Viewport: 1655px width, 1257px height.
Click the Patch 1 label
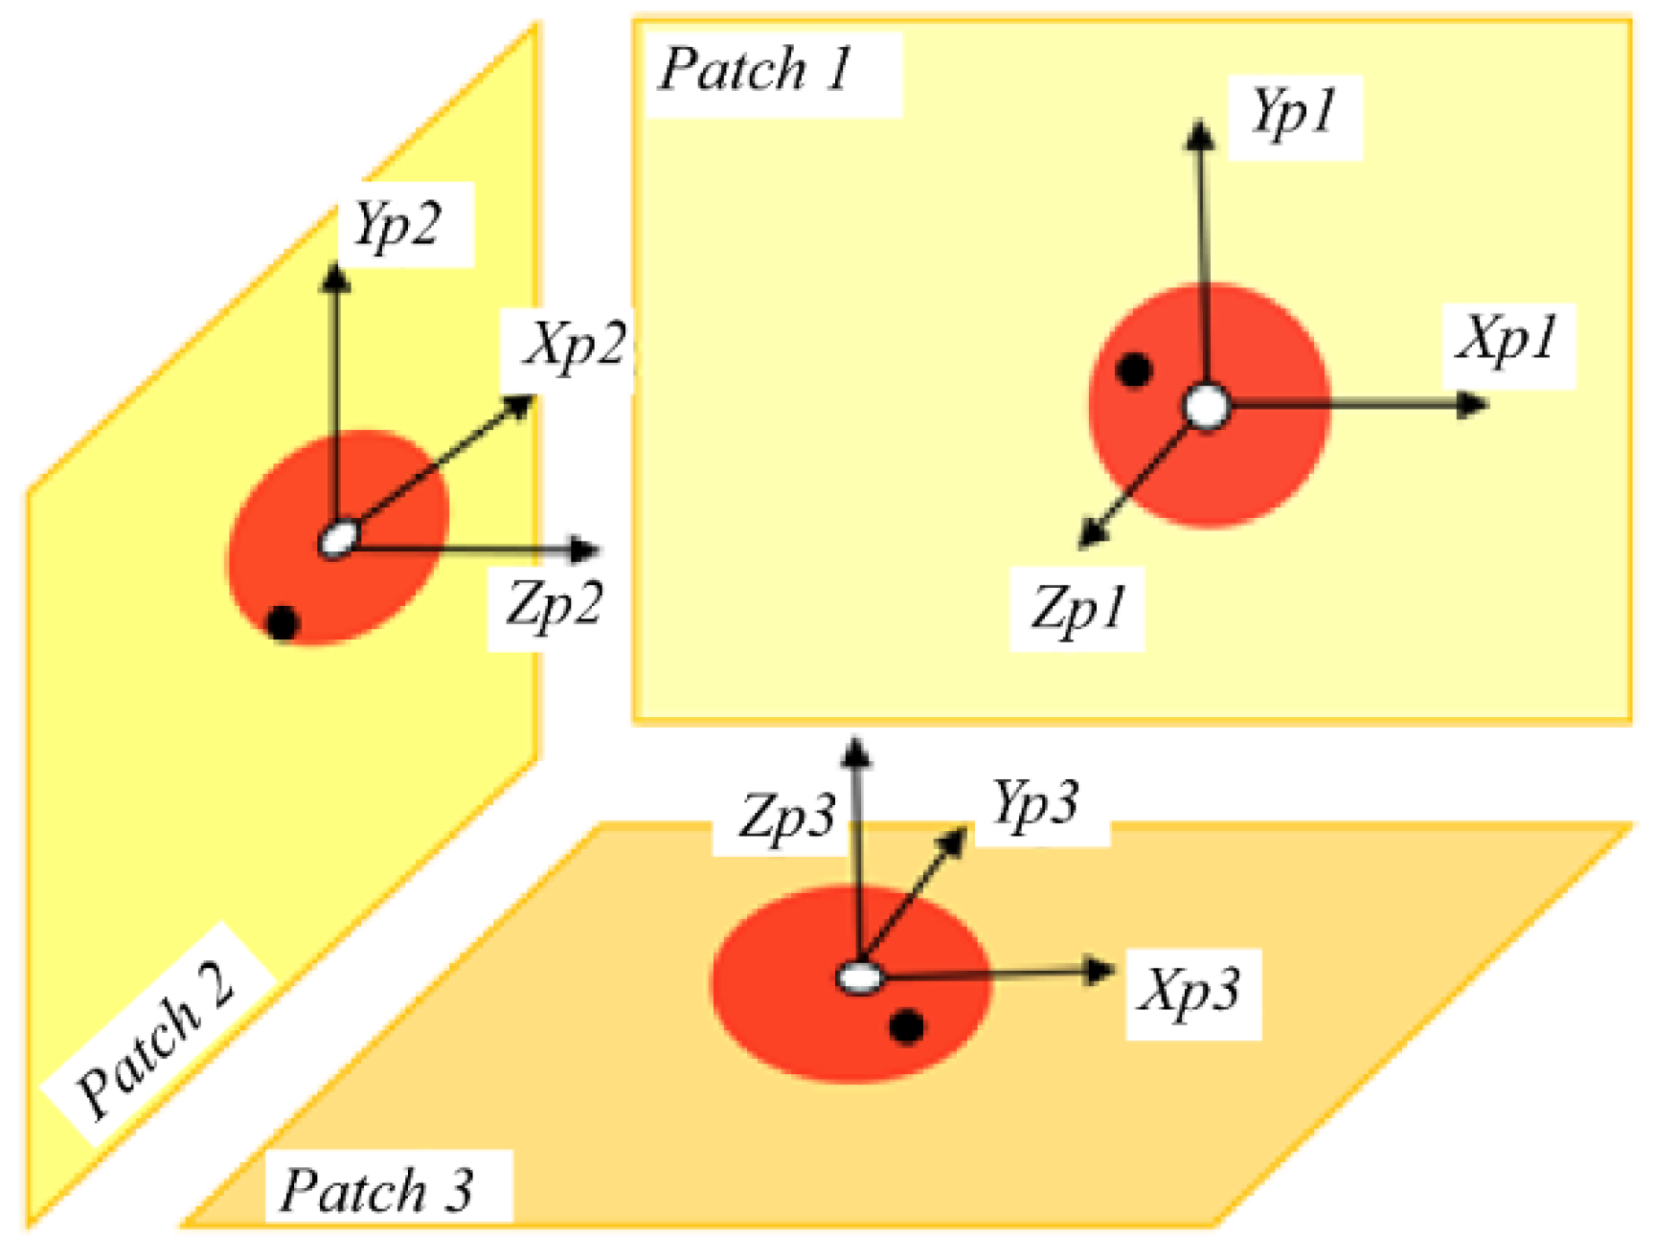pyautogui.click(x=756, y=70)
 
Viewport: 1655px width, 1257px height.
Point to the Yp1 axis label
pyautogui.click(x=1293, y=113)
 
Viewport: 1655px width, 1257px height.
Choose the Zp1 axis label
pyautogui.click(x=1077, y=609)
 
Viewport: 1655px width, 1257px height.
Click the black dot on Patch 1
pyautogui.click(x=1135, y=370)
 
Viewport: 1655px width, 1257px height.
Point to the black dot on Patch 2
pyautogui.click(x=282, y=623)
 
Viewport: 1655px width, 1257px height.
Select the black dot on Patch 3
pyautogui.click(x=906, y=1026)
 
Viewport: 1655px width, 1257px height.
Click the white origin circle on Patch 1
pyautogui.click(x=1207, y=407)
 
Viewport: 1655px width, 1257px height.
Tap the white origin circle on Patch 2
pyautogui.click(x=338, y=540)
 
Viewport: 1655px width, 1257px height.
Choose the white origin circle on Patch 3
pyautogui.click(x=859, y=977)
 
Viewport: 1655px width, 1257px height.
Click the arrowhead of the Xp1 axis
pyautogui.click(x=1473, y=405)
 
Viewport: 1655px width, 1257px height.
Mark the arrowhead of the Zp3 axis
pyautogui.click(x=856, y=751)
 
